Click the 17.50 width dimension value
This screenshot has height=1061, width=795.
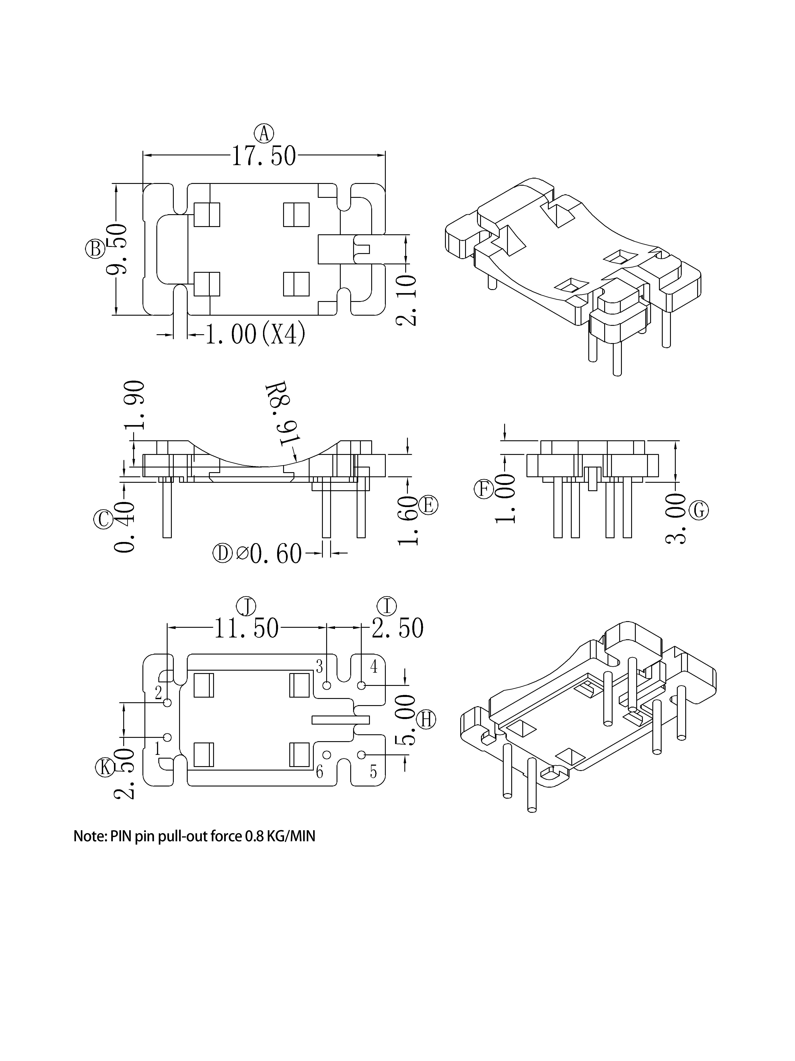click(264, 156)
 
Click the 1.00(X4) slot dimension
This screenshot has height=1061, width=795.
click(255, 334)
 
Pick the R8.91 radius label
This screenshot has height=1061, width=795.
click(283, 413)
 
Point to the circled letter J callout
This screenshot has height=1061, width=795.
click(247, 606)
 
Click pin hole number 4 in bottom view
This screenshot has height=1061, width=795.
click(362, 686)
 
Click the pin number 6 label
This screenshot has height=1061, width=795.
click(320, 772)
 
